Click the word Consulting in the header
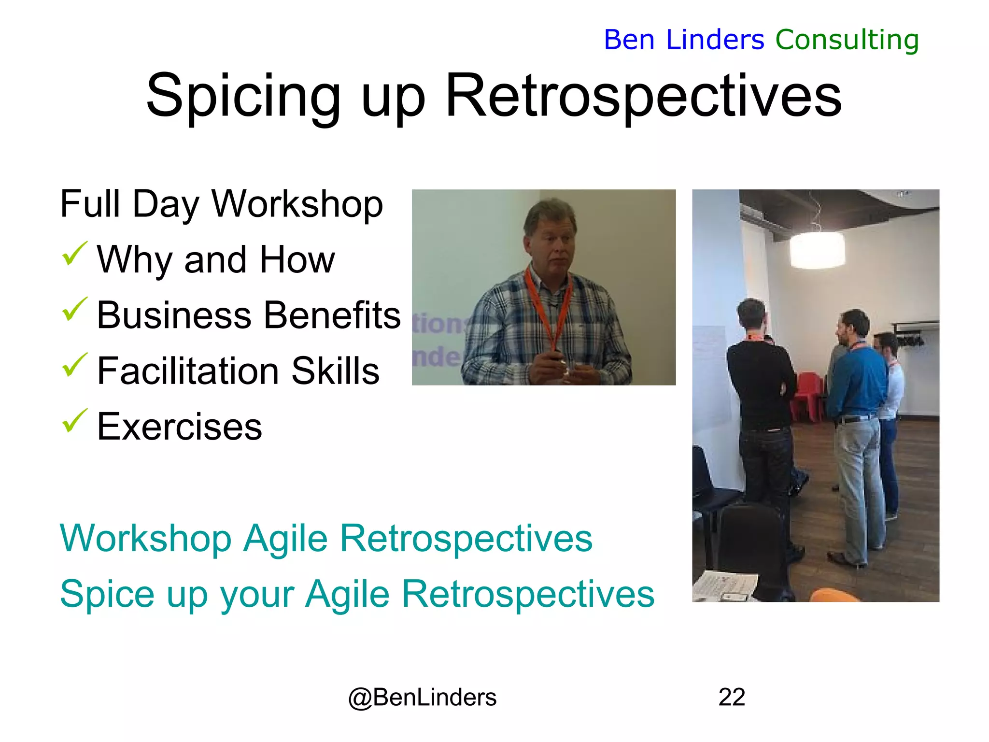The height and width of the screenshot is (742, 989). pyautogui.click(x=847, y=40)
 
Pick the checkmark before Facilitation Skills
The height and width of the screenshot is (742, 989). pyautogui.click(x=74, y=365)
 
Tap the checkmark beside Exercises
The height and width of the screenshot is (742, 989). pyautogui.click(x=74, y=421)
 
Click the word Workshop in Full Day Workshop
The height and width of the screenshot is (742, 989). pyautogui.click(x=297, y=204)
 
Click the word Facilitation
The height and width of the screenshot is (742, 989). pyautogui.click(x=188, y=371)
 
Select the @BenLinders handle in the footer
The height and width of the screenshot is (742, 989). pyautogui.click(x=422, y=697)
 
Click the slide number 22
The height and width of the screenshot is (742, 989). pyautogui.click(x=732, y=697)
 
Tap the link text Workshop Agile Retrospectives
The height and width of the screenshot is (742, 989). pyautogui.click(x=326, y=538)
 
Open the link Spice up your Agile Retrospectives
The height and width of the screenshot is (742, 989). pyautogui.click(x=357, y=594)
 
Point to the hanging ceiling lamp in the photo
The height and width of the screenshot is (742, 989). pyautogui.click(x=817, y=249)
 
